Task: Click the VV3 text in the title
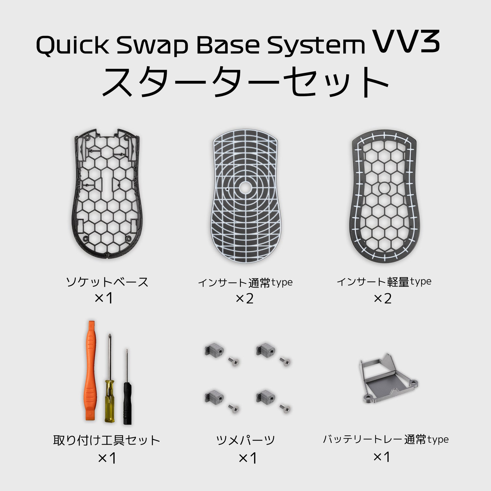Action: (x=408, y=43)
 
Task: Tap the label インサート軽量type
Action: (x=384, y=282)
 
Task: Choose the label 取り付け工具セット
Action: (x=107, y=440)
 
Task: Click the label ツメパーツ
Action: (x=245, y=440)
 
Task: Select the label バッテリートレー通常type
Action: (x=386, y=440)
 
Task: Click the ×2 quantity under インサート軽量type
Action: (x=383, y=298)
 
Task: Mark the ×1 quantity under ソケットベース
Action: (x=104, y=298)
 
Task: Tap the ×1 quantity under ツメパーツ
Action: (x=247, y=458)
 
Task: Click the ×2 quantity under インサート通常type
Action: (x=245, y=299)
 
